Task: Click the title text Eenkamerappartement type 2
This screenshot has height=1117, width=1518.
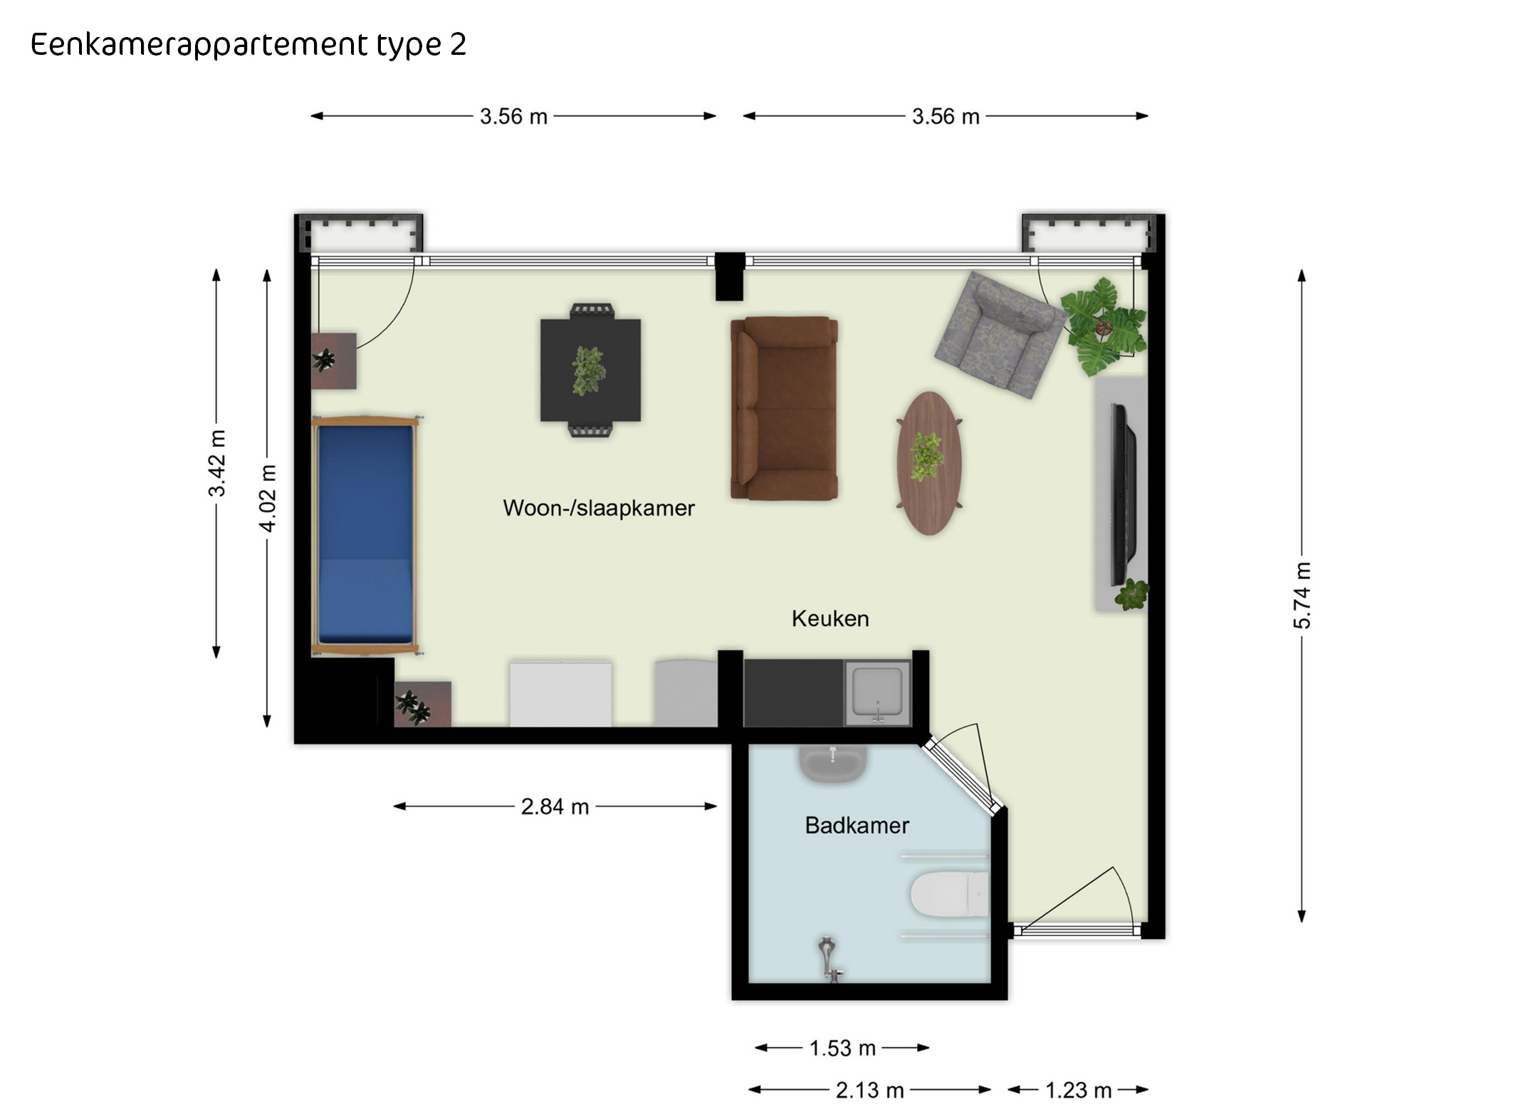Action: [x=248, y=45]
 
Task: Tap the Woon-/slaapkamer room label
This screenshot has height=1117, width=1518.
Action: [x=599, y=508]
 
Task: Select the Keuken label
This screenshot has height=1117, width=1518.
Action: [x=830, y=618]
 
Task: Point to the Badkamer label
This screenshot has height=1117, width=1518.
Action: [x=857, y=825]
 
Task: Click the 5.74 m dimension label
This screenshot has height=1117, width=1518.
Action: [x=1302, y=596]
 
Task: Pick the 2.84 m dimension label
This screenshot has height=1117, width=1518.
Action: [x=555, y=806]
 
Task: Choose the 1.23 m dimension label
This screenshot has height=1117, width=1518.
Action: [x=1078, y=1090]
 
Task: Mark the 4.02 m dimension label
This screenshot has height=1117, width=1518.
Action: [x=267, y=498]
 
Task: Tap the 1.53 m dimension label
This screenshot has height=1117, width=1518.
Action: [x=842, y=1048]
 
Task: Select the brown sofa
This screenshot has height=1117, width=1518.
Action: [x=784, y=408]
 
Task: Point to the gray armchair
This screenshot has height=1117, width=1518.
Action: [x=1000, y=335]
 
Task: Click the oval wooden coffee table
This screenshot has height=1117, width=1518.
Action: [x=929, y=462]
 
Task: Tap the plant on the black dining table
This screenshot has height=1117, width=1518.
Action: [x=589, y=370]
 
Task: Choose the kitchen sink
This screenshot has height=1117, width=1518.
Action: [x=878, y=693]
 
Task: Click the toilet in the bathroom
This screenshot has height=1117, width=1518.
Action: [x=950, y=894]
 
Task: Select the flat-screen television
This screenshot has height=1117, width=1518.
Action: [x=1124, y=494]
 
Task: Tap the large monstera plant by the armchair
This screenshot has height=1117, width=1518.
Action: [x=1104, y=327]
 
